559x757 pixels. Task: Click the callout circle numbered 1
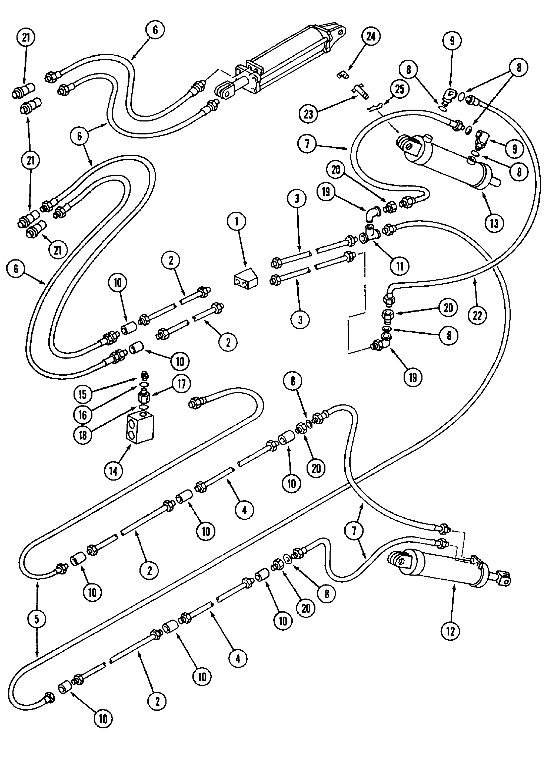236,222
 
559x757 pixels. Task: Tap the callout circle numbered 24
371,36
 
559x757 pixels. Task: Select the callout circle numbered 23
308,114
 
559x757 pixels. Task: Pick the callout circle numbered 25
399,90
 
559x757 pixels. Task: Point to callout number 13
494,223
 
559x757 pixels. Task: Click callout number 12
450,631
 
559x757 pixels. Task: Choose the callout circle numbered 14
113,471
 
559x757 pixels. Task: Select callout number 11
400,266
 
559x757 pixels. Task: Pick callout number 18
82,435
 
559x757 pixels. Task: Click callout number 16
82,415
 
